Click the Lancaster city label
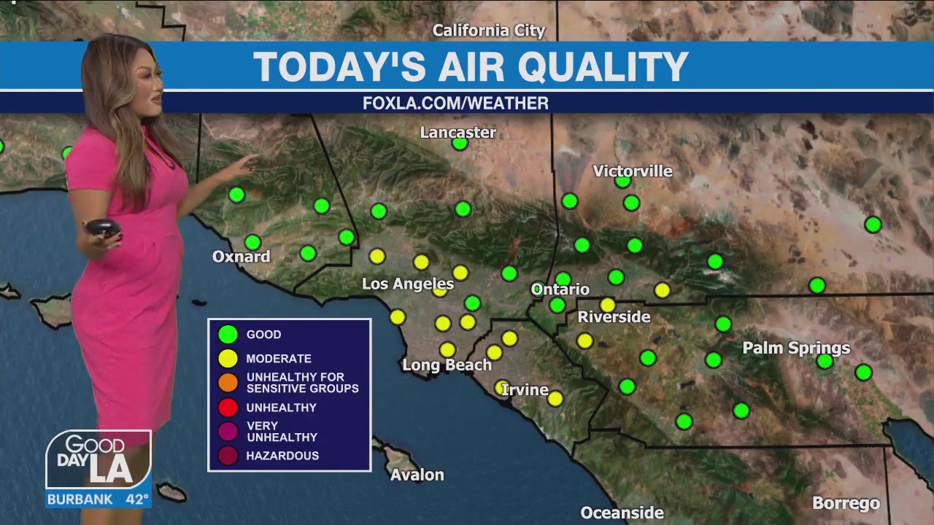[x=458, y=133]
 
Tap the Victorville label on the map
[x=632, y=171]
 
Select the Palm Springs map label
[x=796, y=348]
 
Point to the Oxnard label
[x=241, y=257]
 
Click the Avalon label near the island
[x=417, y=475]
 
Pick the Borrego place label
[x=846, y=503]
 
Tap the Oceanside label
[x=622, y=513]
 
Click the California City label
[x=488, y=31]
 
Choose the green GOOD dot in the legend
[x=228, y=335]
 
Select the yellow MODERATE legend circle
[x=228, y=358]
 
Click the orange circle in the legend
[x=228, y=382]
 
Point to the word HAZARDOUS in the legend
[x=282, y=456]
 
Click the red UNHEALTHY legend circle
[x=228, y=407]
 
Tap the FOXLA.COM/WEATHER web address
[x=455, y=104]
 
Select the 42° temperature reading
[x=136, y=500]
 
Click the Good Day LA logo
[x=99, y=459]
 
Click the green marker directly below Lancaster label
[x=460, y=144]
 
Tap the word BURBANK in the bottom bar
[x=80, y=500]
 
